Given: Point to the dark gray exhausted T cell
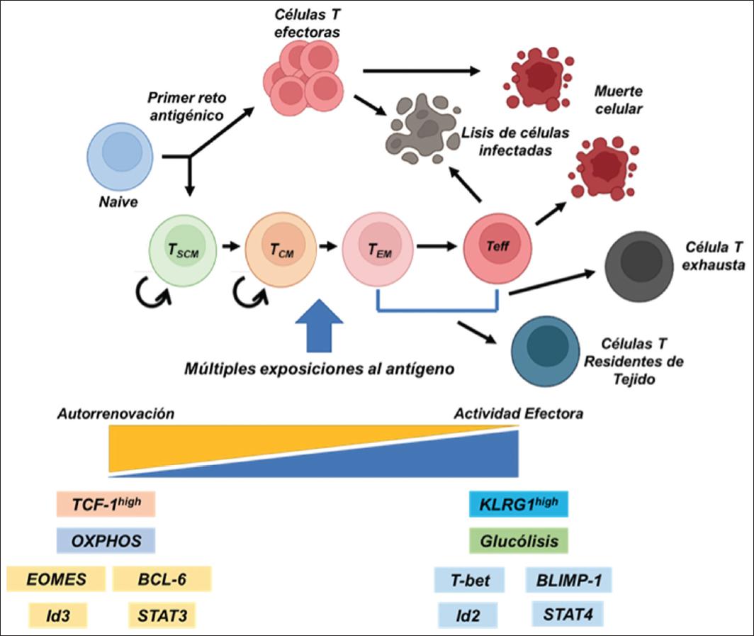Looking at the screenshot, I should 640,266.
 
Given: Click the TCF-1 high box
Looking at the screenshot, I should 106,505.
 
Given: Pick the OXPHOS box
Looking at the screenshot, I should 106,542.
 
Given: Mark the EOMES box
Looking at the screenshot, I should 56,579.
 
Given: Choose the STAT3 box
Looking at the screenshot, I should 161,614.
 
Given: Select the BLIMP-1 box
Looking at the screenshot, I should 568,579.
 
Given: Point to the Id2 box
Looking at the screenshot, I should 468,614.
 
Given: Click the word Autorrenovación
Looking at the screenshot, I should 116,413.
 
